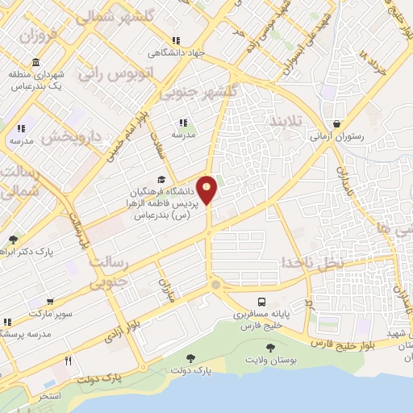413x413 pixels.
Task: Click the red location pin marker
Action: [207, 190]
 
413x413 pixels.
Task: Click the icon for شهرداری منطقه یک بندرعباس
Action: [35, 63]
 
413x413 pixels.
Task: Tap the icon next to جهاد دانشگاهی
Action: [173, 41]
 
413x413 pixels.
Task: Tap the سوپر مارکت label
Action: [29, 312]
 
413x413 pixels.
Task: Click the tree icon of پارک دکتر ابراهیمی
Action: [14, 240]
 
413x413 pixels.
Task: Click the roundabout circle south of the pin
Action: [215, 285]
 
